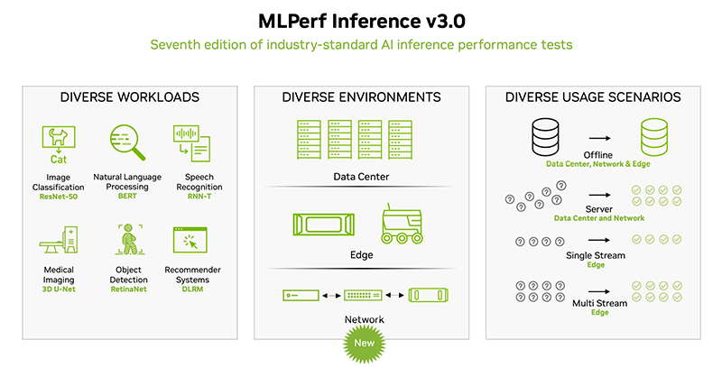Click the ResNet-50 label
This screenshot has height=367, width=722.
coord(58,196)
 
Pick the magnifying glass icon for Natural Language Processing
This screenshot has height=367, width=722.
coord(125,142)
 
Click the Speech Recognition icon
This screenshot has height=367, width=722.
coord(191,144)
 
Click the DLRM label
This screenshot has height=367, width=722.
coord(192,291)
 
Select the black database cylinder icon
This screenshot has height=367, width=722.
coord(544,138)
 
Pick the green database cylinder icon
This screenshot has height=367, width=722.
coord(655,138)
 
